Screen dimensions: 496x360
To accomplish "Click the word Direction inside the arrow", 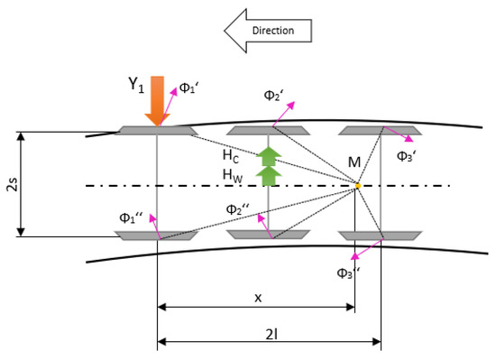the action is pyautogui.click(x=273, y=31).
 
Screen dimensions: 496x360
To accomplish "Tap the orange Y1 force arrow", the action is pyautogui.click(x=157, y=101).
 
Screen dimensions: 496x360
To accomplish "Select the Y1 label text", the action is pyautogui.click(x=136, y=85).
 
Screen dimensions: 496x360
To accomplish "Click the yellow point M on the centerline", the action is pyautogui.click(x=358, y=186).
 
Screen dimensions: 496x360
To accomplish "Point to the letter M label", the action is pyautogui.click(x=354, y=162).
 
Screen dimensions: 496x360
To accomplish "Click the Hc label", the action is pyautogui.click(x=231, y=156).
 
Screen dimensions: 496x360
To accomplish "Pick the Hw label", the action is pyautogui.click(x=233, y=176).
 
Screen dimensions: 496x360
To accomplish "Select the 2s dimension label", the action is pyautogui.click(x=13, y=184).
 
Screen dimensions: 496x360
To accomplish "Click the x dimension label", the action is pyautogui.click(x=258, y=298).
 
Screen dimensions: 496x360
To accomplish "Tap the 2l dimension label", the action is pyautogui.click(x=271, y=335).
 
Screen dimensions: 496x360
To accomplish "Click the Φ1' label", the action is pyautogui.click(x=188, y=88).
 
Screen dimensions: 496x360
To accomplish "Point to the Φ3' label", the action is pyautogui.click(x=406, y=156).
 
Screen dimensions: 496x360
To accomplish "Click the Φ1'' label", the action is pyautogui.click(x=131, y=217).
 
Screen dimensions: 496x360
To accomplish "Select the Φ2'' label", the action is pyautogui.click(x=238, y=209).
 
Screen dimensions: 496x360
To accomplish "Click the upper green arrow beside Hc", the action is pyautogui.click(x=269, y=156).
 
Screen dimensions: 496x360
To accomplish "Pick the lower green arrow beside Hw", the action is pyautogui.click(x=269, y=176).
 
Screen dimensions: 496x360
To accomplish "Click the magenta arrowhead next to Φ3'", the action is pyautogui.click(x=409, y=138).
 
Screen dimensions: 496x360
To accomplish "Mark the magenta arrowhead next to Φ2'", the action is pyautogui.click(x=290, y=105).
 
